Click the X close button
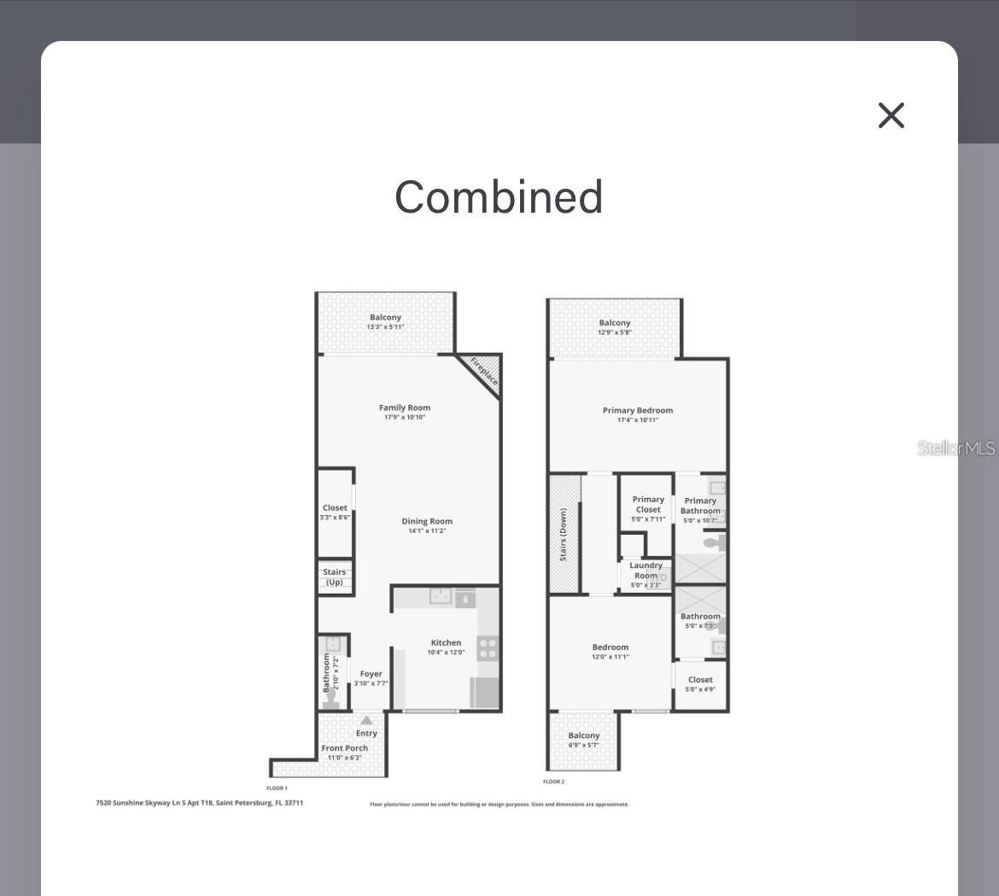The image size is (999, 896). (x=891, y=115)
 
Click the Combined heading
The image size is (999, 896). (x=499, y=197)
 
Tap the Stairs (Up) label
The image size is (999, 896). (x=335, y=577)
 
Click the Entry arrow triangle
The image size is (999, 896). (x=366, y=720)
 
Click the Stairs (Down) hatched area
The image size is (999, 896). (x=564, y=535)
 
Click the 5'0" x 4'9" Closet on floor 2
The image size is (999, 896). (x=700, y=684)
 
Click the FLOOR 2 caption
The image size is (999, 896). (x=554, y=782)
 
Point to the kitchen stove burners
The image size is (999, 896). (x=488, y=648)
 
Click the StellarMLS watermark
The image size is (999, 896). (x=956, y=448)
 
